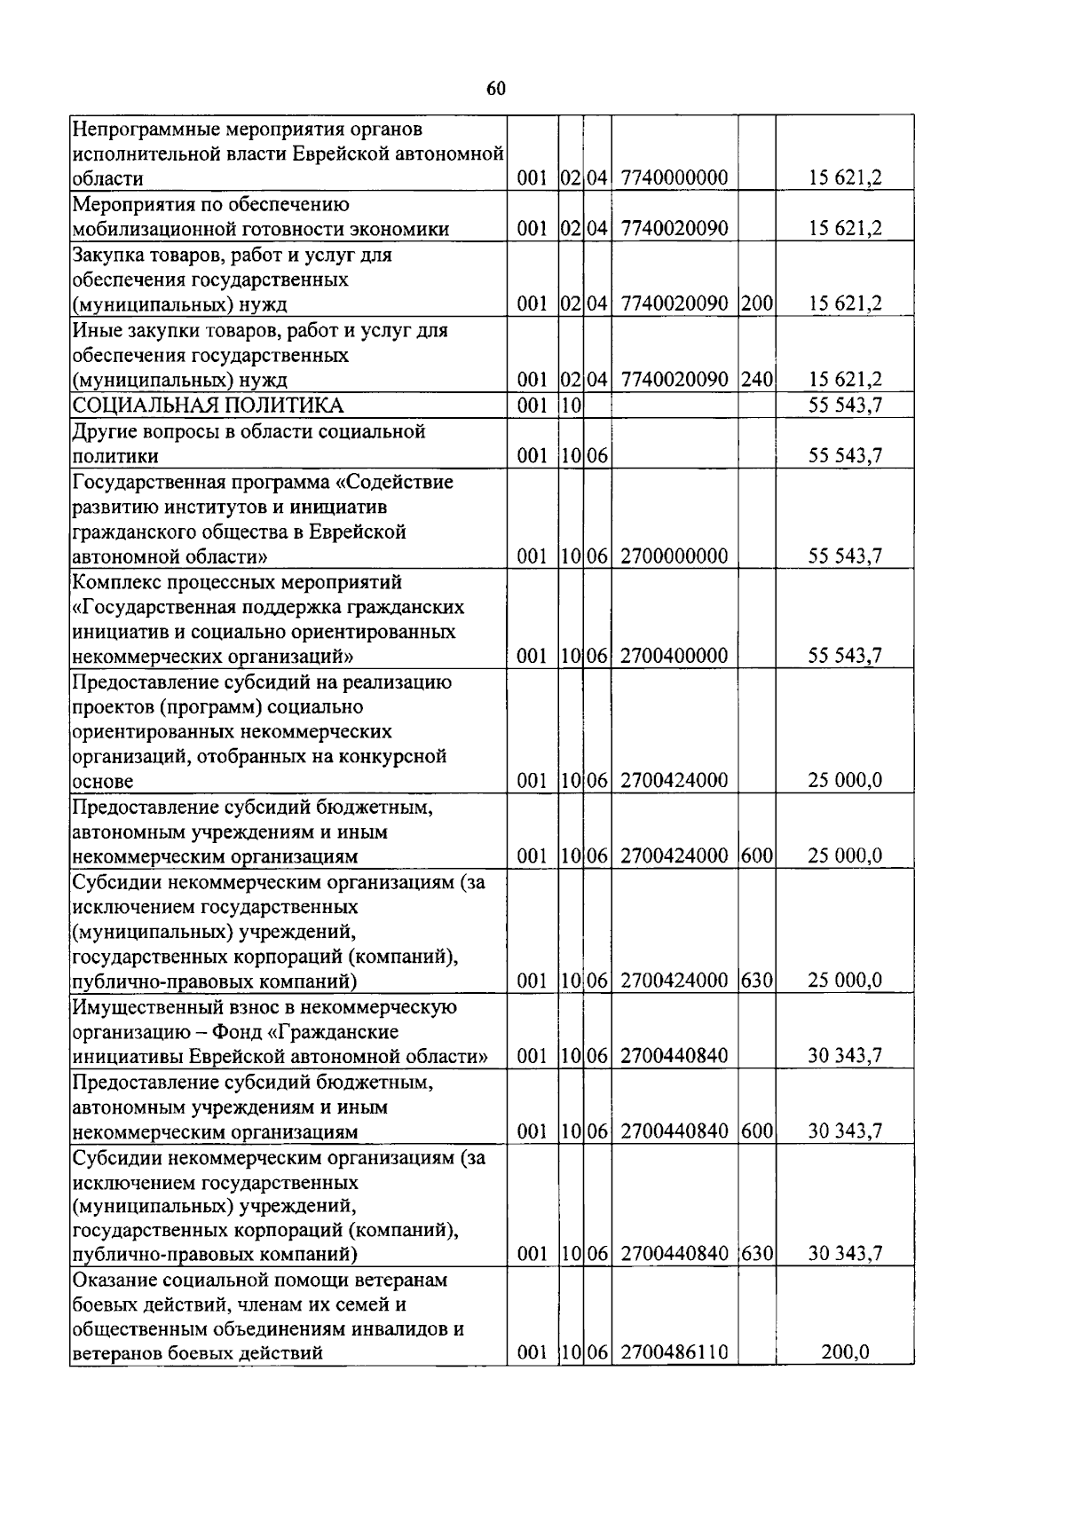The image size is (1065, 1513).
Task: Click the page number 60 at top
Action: pos(496,88)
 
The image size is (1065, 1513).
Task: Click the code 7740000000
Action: pos(674,178)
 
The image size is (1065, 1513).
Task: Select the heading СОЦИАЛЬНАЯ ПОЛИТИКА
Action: pos(208,406)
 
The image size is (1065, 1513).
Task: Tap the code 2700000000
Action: pos(674,556)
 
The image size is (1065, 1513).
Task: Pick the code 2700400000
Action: pos(674,657)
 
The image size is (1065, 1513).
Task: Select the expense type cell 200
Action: pos(757,304)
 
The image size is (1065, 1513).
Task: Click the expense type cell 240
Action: pos(757,380)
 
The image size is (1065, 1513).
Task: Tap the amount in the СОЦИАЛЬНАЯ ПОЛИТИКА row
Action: pos(845,406)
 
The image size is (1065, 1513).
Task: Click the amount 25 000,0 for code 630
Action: pos(845,981)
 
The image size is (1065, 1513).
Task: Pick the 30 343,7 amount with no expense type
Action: pos(845,1056)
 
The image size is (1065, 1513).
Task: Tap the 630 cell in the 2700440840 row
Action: pos(757,1254)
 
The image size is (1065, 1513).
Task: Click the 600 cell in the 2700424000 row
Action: pos(757,856)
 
